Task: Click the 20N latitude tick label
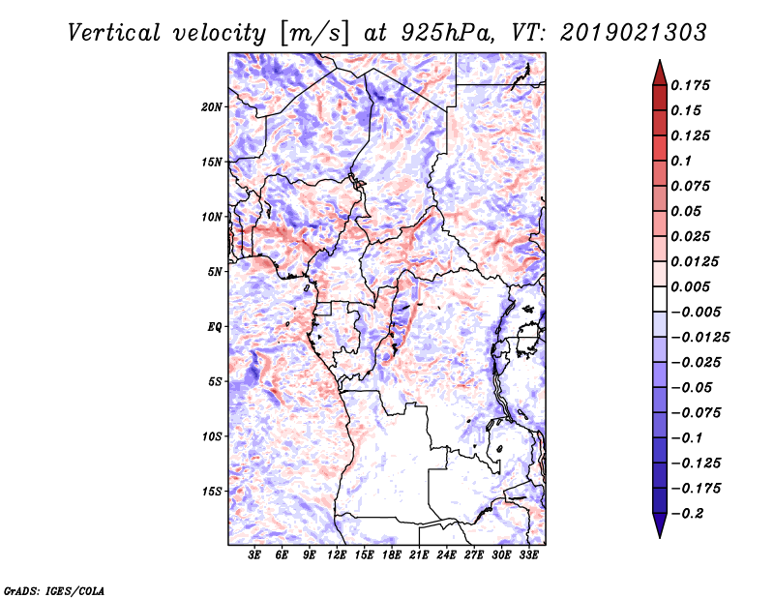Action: pos(212,106)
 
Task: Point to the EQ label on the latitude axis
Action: pos(215,326)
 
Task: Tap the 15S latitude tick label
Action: pos(212,491)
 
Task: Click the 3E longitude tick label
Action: pos(255,555)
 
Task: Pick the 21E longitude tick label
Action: pos(419,555)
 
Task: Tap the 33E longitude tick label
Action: pos(528,555)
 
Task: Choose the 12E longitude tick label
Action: pos(337,555)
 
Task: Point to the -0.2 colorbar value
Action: pos(691,513)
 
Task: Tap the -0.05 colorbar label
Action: pos(695,387)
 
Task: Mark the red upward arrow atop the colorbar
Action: pos(659,71)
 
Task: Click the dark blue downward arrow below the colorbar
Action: pos(659,526)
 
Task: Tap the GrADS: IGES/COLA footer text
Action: pos(54,588)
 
